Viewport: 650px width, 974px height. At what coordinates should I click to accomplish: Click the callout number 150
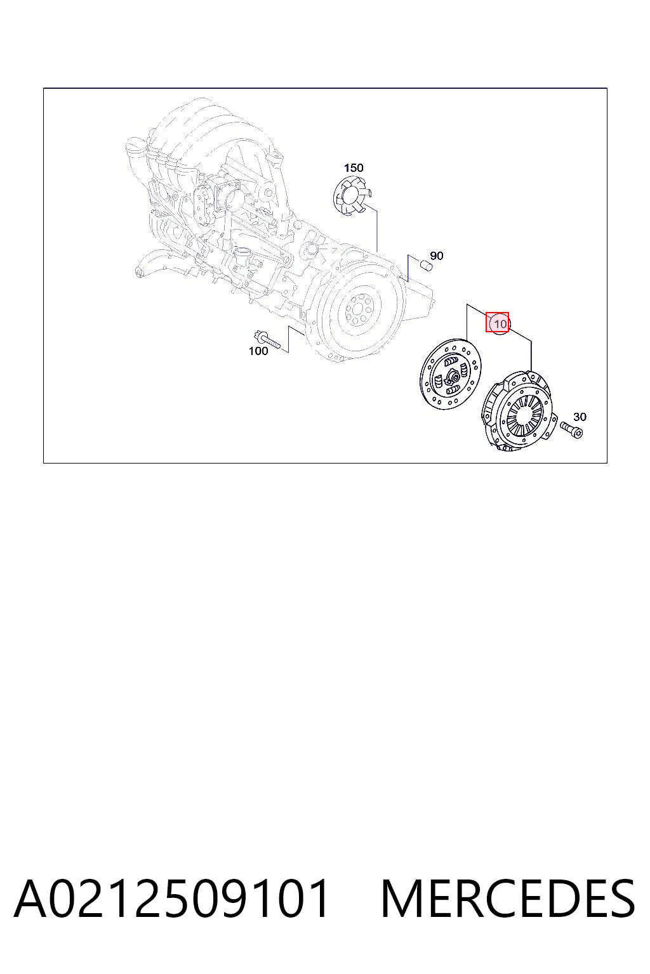(x=353, y=168)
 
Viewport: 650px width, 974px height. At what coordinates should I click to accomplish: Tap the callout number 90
(x=436, y=256)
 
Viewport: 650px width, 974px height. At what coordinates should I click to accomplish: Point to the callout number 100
(x=258, y=351)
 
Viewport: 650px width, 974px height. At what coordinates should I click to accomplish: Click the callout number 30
(x=580, y=417)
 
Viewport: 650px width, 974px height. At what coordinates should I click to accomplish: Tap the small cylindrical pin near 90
(x=425, y=265)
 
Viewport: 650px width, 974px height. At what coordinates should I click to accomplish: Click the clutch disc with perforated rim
(x=450, y=373)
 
